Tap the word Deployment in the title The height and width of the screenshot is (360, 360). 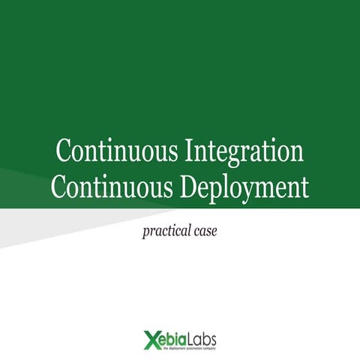pyautogui.click(x=244, y=186)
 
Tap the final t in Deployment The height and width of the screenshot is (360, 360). pyautogui.click(x=304, y=187)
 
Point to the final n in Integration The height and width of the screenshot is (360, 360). pyautogui.click(x=297, y=153)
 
